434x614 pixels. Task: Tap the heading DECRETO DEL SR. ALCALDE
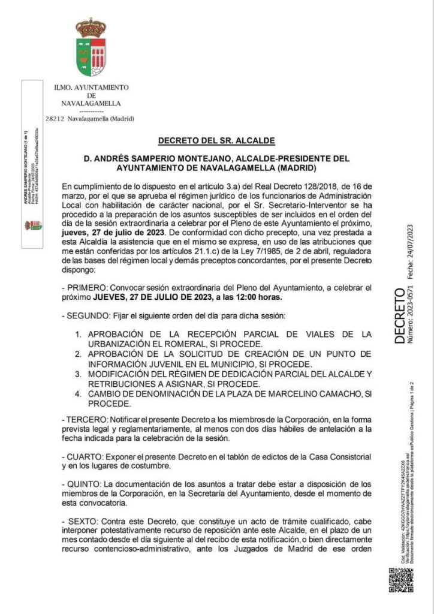(x=216, y=141)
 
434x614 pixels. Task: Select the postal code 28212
(x=55, y=119)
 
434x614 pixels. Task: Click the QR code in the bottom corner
(x=401, y=580)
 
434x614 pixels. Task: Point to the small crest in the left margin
(x=32, y=225)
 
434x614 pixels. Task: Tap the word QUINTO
(x=85, y=484)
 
